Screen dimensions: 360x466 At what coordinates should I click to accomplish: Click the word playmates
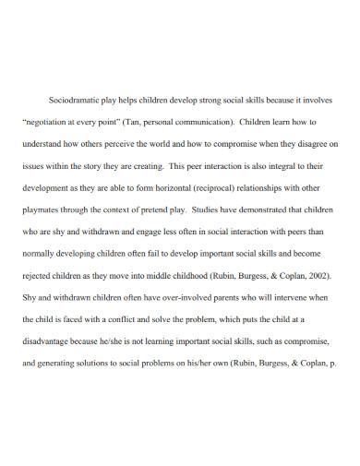tap(42, 212)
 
